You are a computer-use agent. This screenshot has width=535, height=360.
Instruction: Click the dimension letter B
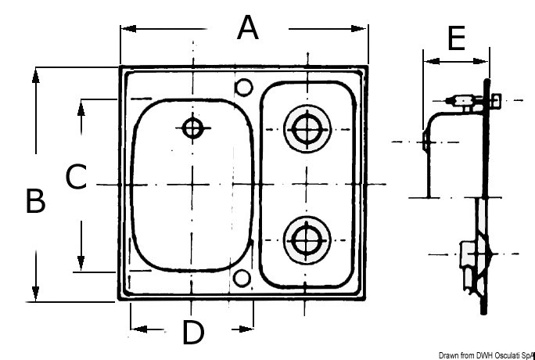35,201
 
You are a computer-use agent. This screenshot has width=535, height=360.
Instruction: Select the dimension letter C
75,177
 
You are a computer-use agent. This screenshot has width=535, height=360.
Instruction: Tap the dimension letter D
192,333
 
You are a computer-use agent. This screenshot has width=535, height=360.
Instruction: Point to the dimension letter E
457,38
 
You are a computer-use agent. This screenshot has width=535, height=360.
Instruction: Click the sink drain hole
192,128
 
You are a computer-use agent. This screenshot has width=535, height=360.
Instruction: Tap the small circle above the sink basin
243,86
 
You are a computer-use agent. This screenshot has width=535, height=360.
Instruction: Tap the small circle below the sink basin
243,277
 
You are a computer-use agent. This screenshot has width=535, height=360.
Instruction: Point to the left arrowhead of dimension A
126,29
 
